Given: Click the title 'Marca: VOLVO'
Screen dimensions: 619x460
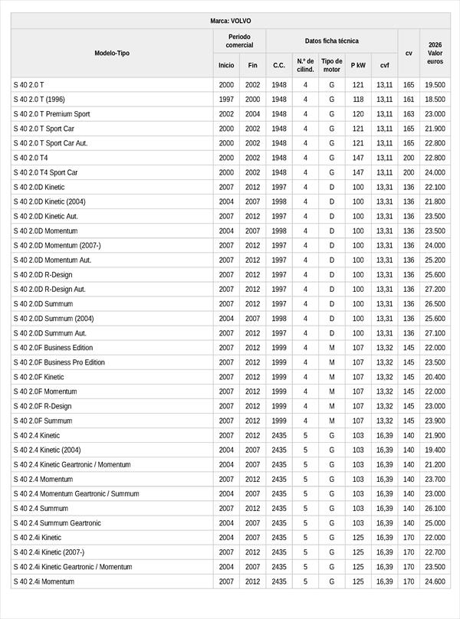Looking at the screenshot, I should [230, 21].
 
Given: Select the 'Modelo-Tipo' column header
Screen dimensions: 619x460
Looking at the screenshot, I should [112, 53].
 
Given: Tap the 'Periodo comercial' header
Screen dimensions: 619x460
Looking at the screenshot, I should [239, 41].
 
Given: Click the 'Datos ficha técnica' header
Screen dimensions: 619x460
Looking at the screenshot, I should [331, 41].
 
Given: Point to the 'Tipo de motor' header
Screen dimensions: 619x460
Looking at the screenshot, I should [332, 65].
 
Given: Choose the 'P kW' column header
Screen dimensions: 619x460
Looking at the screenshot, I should [358, 65].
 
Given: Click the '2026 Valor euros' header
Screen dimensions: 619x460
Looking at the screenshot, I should [435, 53].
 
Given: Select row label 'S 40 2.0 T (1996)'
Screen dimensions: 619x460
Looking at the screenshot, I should [39, 100].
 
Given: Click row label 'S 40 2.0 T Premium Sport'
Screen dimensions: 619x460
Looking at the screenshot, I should [51, 114].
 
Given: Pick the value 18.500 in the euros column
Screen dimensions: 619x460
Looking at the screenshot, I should [435, 100].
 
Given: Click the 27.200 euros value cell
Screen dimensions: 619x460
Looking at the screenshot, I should [435, 290].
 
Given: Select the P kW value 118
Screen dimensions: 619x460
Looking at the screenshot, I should [358, 100].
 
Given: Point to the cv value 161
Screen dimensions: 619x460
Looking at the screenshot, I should [409, 100].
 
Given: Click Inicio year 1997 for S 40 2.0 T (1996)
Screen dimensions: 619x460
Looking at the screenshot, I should [226, 100].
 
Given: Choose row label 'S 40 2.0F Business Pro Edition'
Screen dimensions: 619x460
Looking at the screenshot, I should [59, 362].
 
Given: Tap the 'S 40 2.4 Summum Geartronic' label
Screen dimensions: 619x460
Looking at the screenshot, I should [57, 523].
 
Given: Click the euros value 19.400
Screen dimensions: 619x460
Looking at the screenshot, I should [435, 450].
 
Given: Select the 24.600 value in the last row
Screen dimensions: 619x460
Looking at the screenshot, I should [435, 582].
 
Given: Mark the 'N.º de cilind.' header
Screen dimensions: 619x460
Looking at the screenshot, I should [304, 65].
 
